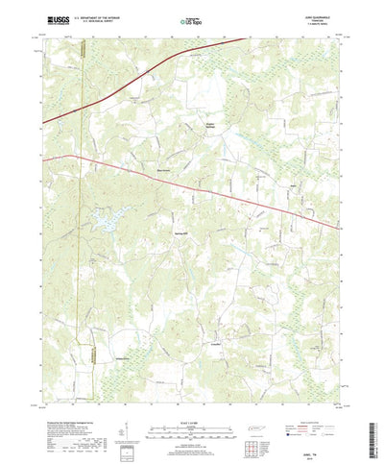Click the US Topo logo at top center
click(x=191, y=18)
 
